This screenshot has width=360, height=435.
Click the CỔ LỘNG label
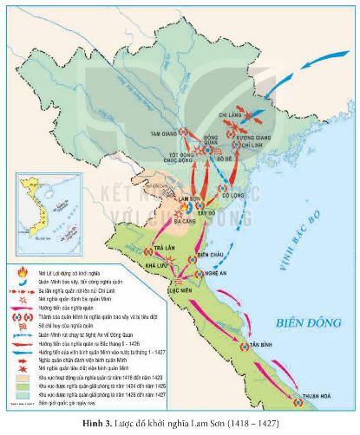pos(231,195)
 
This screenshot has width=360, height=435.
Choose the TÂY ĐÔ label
pos(207,212)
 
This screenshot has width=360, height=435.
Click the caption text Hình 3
pos(119,426)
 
